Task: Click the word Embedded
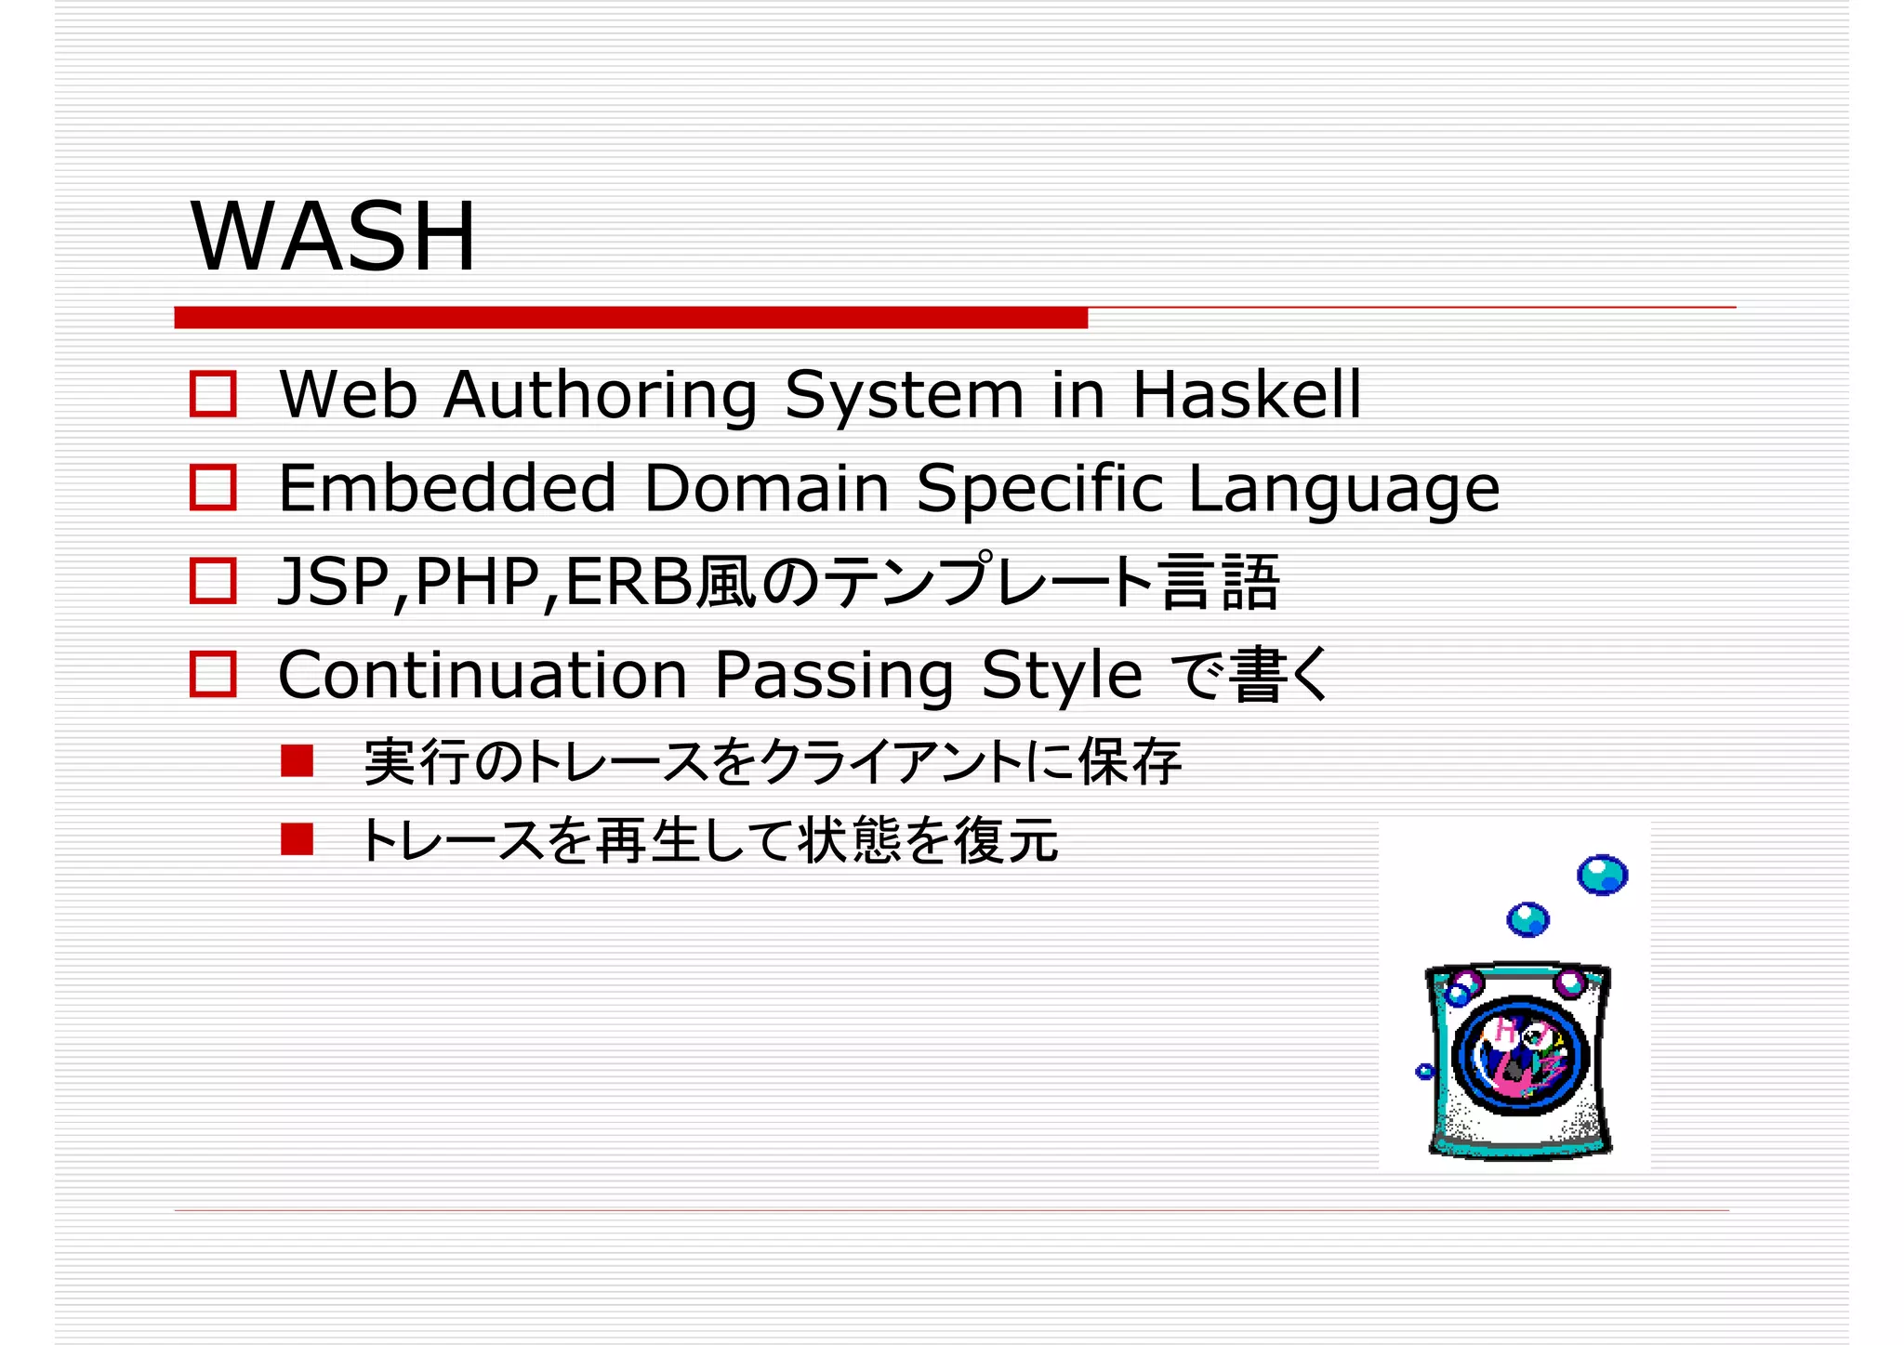coord(447,488)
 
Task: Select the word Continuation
coord(483,675)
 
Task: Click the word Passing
coord(834,677)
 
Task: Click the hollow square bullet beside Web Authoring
coord(213,394)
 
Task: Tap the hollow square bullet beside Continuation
coord(213,674)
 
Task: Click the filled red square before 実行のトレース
coord(297,761)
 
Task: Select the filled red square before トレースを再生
coord(297,839)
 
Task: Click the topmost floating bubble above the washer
coord(1602,875)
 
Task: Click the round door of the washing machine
coord(1520,1056)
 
